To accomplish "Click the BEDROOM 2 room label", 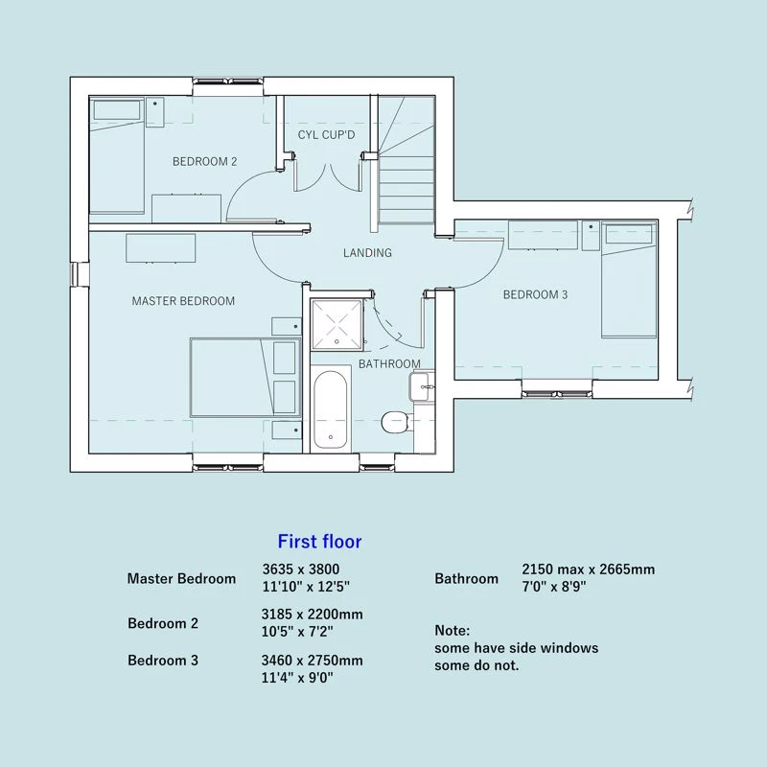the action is coord(204,161).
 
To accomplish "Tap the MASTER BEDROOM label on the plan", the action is coord(183,301).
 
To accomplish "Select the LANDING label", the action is coord(367,253).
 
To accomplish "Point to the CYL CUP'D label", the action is coord(326,134).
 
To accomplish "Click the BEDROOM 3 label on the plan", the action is coord(535,294).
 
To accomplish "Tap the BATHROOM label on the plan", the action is coord(389,364).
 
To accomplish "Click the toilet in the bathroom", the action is coord(395,422).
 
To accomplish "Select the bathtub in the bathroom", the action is coord(331,409).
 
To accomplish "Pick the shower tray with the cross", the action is coord(337,325).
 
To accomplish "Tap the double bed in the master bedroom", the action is coord(245,377).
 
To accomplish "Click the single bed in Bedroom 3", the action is coord(629,279).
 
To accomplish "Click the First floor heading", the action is coord(319,542).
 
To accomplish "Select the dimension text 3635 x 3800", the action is coord(301,569).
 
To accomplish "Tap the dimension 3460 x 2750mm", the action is coord(313,661).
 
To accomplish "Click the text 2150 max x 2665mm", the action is coord(588,569).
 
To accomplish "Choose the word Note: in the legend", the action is coord(452,630).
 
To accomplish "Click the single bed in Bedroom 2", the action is coord(117,155).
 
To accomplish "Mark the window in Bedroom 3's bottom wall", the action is coord(557,388).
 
